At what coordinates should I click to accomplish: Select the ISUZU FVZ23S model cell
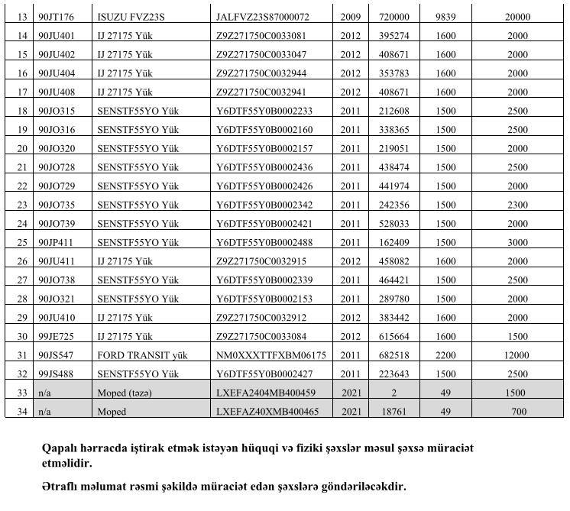pos(134,15)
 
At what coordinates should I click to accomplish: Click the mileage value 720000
pos(388,15)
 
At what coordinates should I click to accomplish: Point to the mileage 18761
pos(388,412)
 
